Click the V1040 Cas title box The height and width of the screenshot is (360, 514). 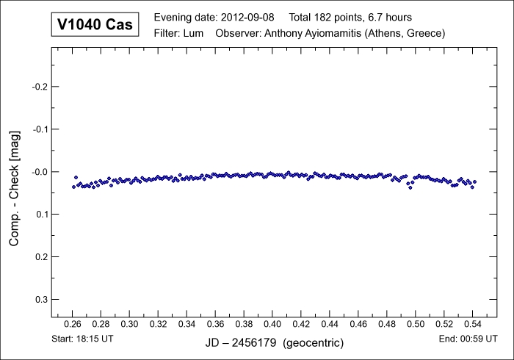coord(95,24)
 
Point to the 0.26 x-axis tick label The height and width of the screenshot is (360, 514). coord(72,324)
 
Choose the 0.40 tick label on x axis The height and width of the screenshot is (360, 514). coord(272,324)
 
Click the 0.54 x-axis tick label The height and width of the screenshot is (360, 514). coord(473,324)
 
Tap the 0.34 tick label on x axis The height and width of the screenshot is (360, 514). coord(187,324)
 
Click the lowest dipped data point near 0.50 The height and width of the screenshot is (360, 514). coord(410,187)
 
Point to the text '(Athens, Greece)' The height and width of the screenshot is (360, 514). coord(407,33)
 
